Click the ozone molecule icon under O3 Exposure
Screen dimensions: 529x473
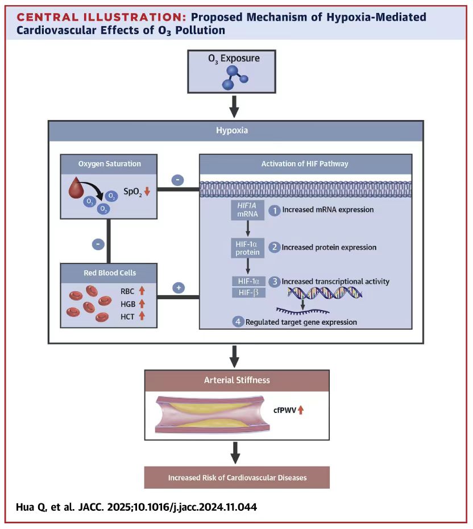[234, 78]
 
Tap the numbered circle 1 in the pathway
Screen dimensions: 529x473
[275, 209]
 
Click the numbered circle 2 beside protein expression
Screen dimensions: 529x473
[275, 247]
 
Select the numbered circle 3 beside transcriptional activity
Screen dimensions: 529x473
[275, 281]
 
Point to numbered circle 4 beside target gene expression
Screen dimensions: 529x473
[239, 322]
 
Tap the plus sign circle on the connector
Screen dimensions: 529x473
[178, 288]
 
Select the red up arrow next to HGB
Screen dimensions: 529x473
[142, 303]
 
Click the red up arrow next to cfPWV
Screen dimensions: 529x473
[301, 409]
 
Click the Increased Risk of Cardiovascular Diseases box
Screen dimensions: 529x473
[236, 477]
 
